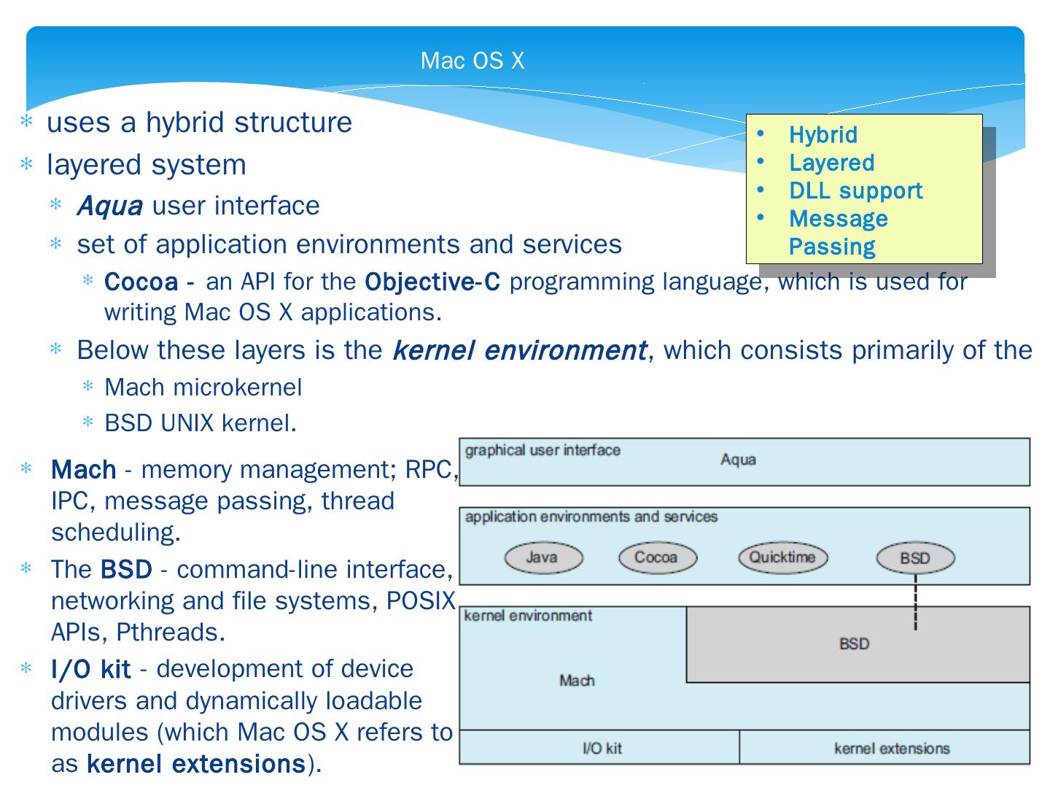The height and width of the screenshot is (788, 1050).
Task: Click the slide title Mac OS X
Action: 472,61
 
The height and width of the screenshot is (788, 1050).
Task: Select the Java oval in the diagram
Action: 543,558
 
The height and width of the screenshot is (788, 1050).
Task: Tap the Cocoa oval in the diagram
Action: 657,558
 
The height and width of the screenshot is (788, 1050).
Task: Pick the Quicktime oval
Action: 782,558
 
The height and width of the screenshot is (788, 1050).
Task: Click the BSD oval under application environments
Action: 915,559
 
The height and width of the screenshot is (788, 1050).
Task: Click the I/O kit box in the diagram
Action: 601,748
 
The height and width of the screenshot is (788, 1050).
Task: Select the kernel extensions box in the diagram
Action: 891,748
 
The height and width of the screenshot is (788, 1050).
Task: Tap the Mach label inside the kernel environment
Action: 577,681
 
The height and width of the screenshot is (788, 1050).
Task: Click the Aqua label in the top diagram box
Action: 738,460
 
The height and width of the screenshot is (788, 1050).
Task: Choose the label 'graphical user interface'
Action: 542,450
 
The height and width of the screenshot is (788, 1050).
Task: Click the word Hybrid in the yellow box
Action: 822,135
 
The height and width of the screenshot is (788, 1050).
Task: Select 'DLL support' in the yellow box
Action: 855,191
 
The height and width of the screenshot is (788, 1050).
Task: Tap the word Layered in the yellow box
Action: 831,163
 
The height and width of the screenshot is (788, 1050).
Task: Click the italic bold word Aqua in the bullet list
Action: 109,206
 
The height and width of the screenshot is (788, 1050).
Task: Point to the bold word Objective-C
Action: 432,282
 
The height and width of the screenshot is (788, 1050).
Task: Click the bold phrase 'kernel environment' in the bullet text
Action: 519,351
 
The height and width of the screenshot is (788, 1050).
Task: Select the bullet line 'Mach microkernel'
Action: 203,387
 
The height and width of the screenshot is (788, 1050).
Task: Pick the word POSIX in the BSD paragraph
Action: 420,600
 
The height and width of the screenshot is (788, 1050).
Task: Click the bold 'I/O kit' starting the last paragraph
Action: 90,669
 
